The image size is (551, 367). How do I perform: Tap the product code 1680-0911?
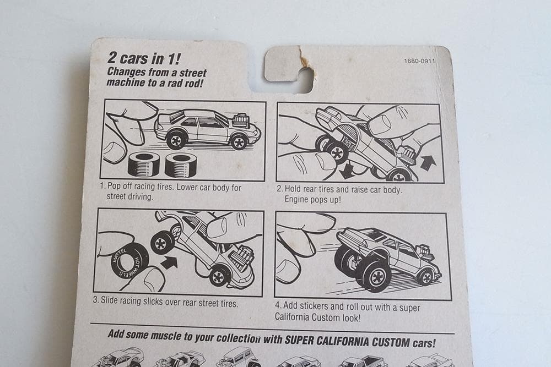[x=419, y=61]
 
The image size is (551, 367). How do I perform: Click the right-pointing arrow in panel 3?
[x=169, y=262]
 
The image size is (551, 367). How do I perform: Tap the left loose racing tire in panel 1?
[x=143, y=164]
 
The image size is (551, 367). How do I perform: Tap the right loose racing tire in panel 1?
[x=181, y=164]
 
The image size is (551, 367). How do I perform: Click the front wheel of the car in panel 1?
[x=239, y=142]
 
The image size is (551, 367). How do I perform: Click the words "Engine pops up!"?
[x=312, y=199]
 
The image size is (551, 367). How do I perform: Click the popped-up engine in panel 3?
[x=243, y=258]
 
